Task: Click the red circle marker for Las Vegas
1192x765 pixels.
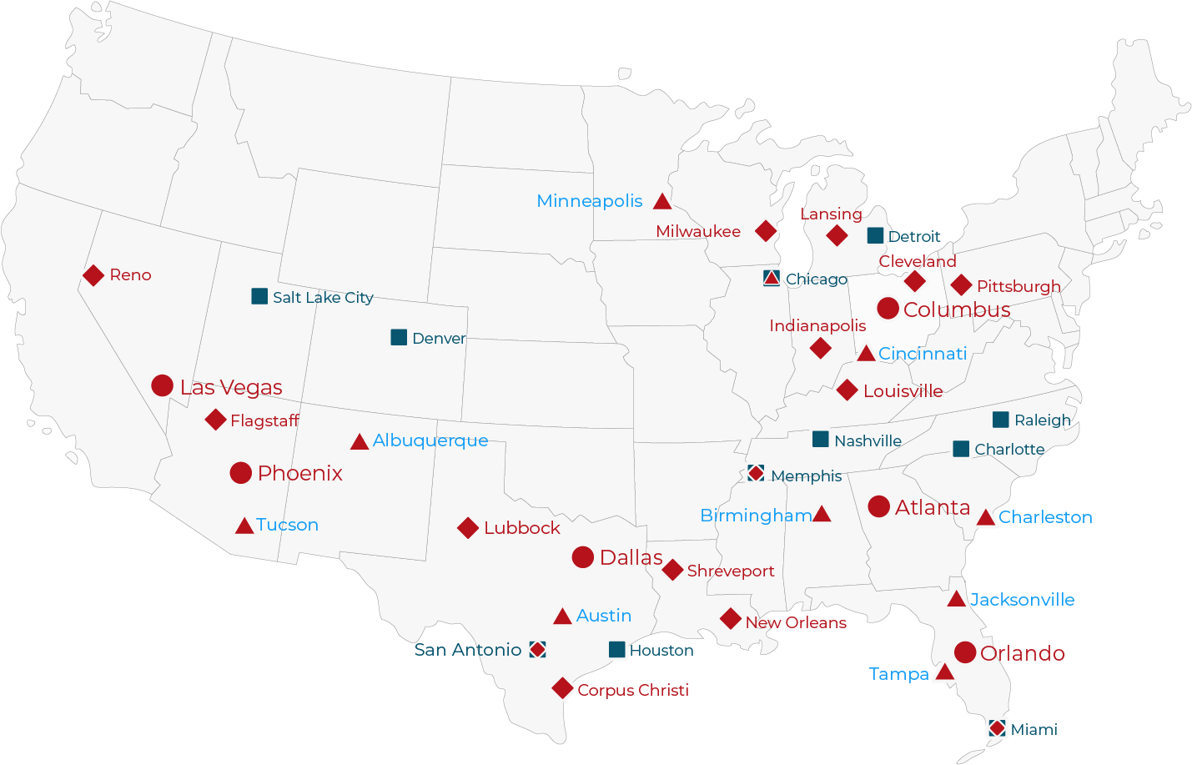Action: point(162,385)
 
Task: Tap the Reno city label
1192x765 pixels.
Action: point(130,275)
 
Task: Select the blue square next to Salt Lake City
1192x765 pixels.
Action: point(259,296)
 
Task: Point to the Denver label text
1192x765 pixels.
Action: point(439,338)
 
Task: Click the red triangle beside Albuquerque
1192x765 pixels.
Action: point(360,442)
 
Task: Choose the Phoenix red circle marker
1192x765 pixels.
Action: point(240,473)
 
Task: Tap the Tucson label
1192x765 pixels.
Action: point(287,525)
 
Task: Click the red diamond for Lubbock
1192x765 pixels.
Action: point(468,528)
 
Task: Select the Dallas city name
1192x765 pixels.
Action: point(631,557)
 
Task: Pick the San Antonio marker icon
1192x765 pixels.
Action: point(538,649)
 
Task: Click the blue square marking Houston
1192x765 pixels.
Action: point(617,649)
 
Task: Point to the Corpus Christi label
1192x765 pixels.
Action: point(632,690)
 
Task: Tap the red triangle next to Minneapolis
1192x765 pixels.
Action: point(662,202)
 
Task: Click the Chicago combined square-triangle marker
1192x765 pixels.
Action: point(772,278)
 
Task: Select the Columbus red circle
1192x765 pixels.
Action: point(888,309)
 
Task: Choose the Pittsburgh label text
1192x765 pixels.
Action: point(1018,286)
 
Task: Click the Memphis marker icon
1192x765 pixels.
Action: point(756,473)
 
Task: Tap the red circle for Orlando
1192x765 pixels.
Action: point(965,652)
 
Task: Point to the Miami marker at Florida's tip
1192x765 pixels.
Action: point(997,728)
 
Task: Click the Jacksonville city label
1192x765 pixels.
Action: point(1022,600)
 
